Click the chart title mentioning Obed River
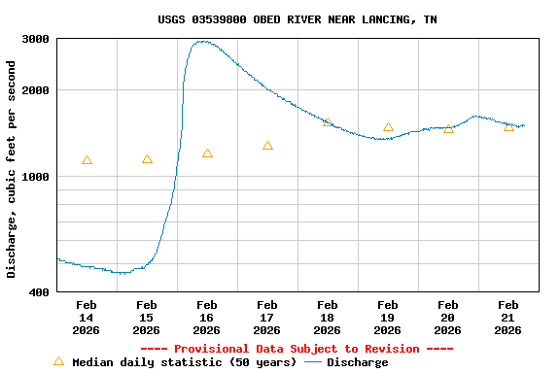pyautogui.click(x=297, y=19)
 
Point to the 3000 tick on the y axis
pyautogui.click(x=37, y=39)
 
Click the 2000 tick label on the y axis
pyautogui.click(x=37, y=90)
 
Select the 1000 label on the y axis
pyautogui.click(x=37, y=177)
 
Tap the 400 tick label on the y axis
pyautogui.click(x=40, y=291)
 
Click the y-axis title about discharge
pyautogui.click(x=12, y=169)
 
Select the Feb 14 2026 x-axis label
pyautogui.click(x=87, y=317)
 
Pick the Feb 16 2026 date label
pyautogui.click(x=207, y=317)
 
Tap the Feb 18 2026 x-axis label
pyautogui.click(x=328, y=317)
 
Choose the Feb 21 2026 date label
pyautogui.click(x=508, y=317)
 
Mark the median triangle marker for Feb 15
pyautogui.click(x=147, y=159)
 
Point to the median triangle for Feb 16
pyautogui.click(x=207, y=153)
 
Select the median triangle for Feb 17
pyautogui.click(x=267, y=146)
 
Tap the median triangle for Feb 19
pyautogui.click(x=388, y=127)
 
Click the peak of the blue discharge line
pyautogui.click(x=203, y=42)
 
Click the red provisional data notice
pyautogui.click(x=297, y=349)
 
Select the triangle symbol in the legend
pyautogui.click(x=58, y=361)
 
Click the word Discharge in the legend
pyautogui.click(x=357, y=362)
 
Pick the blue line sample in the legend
pyautogui.click(x=313, y=362)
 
